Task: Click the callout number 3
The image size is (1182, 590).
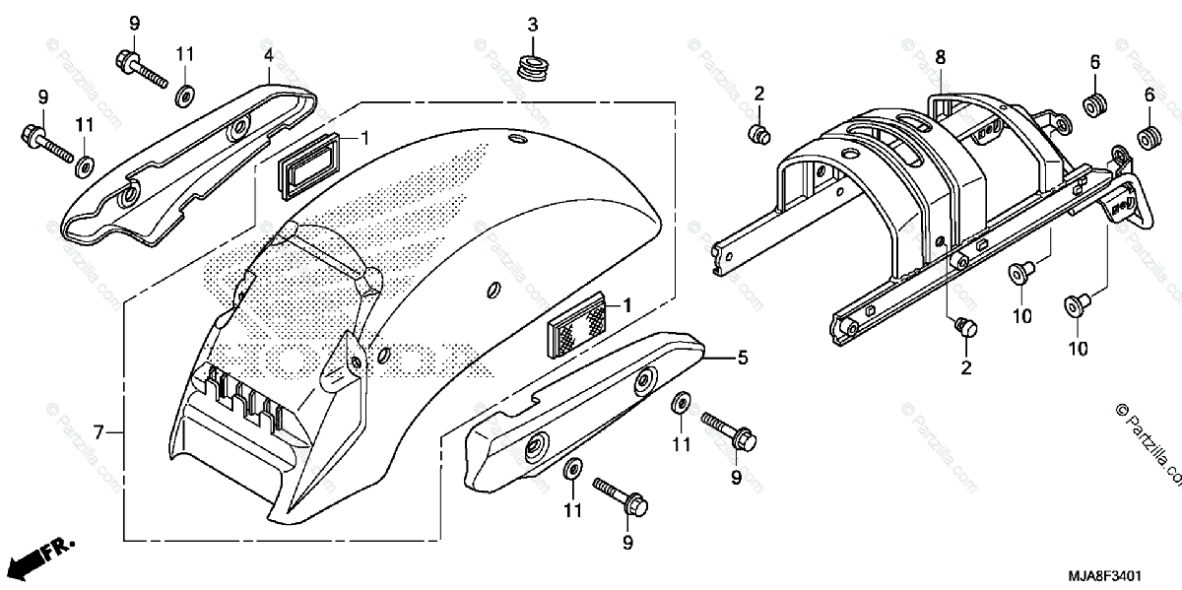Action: tap(532, 25)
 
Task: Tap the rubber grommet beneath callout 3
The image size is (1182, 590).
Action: tap(533, 69)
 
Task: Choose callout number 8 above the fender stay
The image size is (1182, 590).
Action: tap(941, 57)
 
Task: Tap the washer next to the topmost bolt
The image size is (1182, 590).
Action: tap(184, 97)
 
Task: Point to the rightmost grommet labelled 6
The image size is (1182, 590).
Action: tap(1147, 136)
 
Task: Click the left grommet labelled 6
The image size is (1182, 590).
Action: tap(1093, 103)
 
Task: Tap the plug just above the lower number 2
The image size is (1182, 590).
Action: tap(965, 327)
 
